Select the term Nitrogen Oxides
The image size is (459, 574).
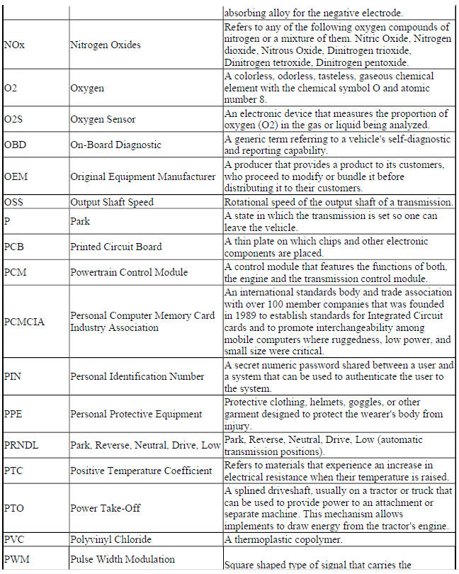pyautogui.click(x=106, y=45)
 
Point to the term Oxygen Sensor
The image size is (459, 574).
pyautogui.click(x=103, y=119)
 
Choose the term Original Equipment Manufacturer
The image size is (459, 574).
pyautogui.click(x=142, y=176)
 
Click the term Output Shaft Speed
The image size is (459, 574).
pyautogui.click(x=112, y=202)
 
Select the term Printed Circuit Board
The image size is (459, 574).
pyautogui.click(x=116, y=247)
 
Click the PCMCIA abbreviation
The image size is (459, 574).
pyautogui.click(x=24, y=322)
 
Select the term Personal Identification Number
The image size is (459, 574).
pyautogui.click(x=137, y=376)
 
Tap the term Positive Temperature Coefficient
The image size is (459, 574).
pyautogui.click(x=141, y=471)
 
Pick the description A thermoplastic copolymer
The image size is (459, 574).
pyautogui.click(x=288, y=539)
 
